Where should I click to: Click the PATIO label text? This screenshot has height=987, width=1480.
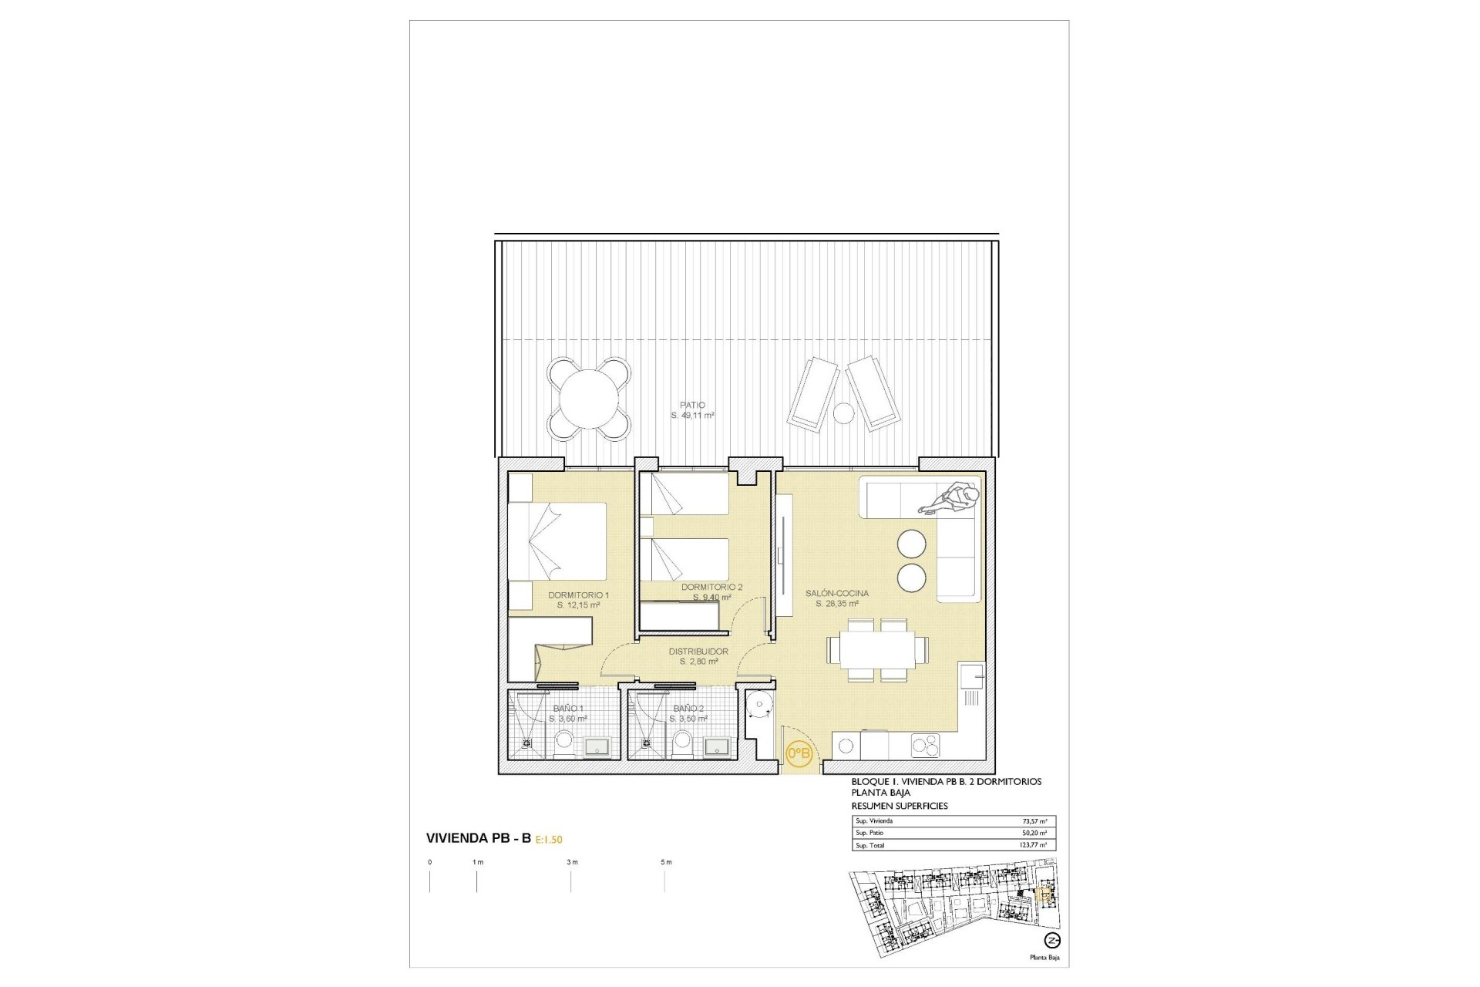[692, 405]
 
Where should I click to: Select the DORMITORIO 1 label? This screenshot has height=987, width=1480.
[578, 595]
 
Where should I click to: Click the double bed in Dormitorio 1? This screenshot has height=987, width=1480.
[557, 539]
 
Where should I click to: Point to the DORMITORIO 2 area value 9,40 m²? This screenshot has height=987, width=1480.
[711, 598]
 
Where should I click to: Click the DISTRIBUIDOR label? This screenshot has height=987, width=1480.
[698, 652]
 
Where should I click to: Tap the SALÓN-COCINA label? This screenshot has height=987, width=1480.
[837, 593]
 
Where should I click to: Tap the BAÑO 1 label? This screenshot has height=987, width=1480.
[568, 708]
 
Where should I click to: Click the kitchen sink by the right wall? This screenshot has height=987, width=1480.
[970, 678]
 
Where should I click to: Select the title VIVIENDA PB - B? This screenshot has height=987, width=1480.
[478, 838]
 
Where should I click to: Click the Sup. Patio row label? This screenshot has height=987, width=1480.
[872, 834]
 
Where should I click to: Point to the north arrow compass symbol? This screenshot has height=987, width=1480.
[1051, 940]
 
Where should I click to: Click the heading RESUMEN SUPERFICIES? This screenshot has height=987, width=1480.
[900, 806]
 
